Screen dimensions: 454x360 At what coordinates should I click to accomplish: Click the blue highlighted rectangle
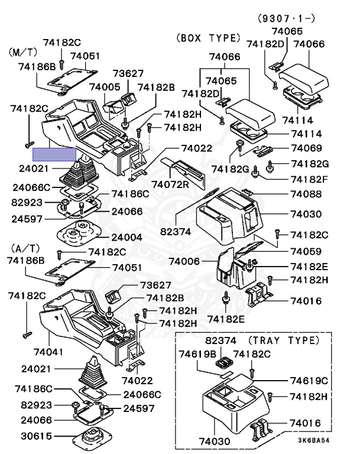tap(54, 155)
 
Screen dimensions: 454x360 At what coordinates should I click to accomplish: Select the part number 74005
tap(105, 87)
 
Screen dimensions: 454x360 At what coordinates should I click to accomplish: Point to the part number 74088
tap(306, 194)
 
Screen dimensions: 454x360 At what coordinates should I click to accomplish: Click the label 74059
tap(306, 251)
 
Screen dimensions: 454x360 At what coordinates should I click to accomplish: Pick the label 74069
tap(306, 148)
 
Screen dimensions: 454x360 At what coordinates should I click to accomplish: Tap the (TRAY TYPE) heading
tap(283, 340)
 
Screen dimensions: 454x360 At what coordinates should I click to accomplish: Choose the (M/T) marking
tap(23, 52)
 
